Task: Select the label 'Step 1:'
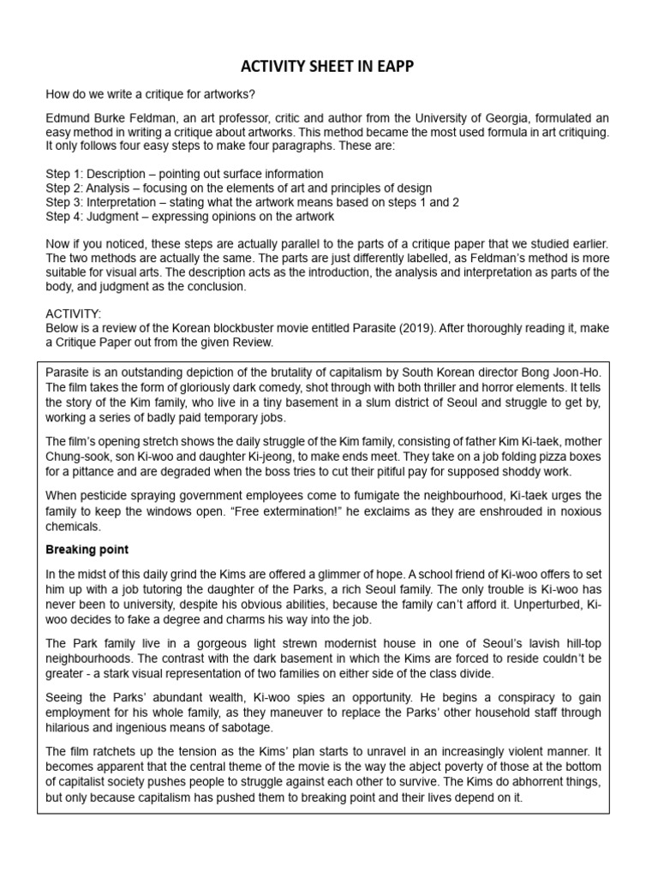click(x=67, y=175)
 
